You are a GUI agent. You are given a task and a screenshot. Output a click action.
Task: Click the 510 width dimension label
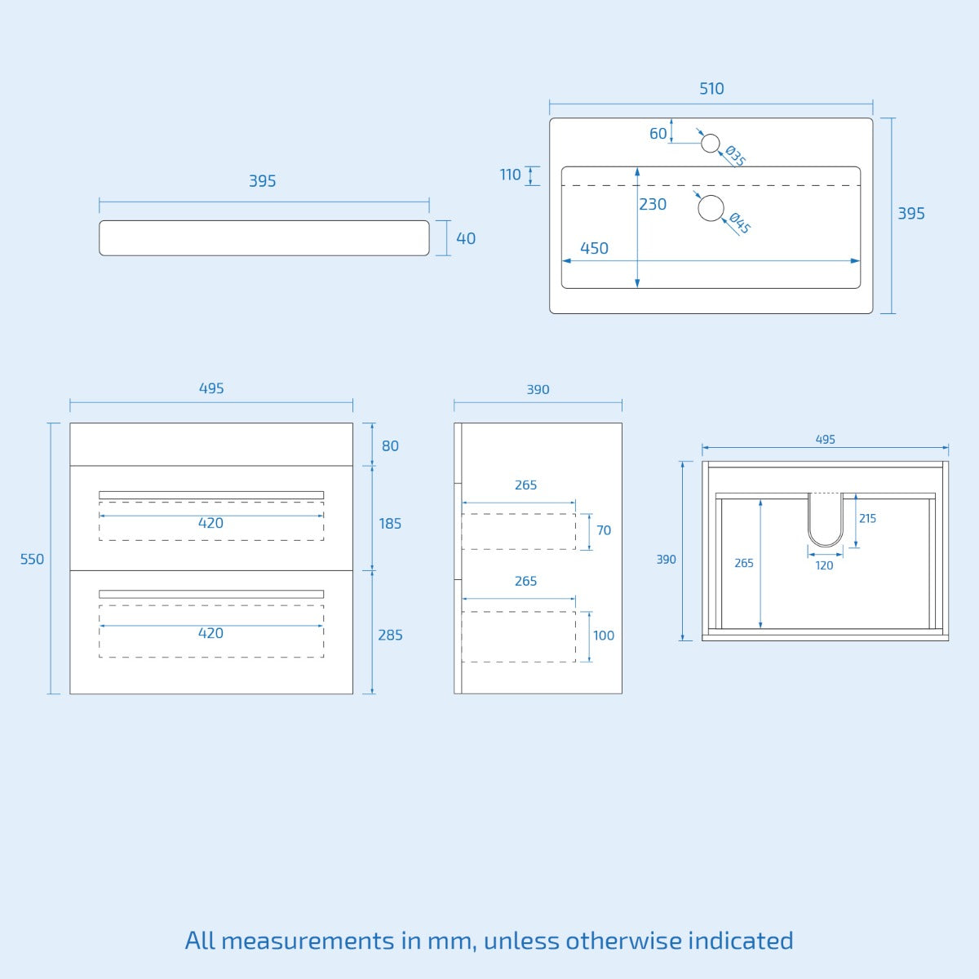[711, 89]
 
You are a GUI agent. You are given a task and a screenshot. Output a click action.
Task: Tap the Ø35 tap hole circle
[711, 144]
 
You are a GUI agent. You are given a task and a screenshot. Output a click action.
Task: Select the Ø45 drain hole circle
[711, 208]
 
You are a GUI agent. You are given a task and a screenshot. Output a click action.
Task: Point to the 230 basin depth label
[653, 204]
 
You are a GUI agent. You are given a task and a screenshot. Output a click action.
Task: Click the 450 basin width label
[594, 248]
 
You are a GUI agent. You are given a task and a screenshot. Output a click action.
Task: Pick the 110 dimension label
[510, 175]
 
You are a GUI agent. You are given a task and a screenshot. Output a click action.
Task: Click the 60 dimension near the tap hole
[658, 134]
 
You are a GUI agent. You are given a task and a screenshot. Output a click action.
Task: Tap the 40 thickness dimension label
[466, 238]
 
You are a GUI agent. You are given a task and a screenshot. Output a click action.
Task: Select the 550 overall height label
[32, 559]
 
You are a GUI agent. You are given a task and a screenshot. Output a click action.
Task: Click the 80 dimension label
[390, 446]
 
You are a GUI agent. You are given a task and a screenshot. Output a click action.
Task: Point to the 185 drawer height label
[390, 523]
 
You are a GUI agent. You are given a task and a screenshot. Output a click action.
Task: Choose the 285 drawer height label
[390, 635]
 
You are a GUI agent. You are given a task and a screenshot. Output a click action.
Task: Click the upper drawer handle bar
[211, 495]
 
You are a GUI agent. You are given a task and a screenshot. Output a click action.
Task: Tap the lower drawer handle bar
[211, 594]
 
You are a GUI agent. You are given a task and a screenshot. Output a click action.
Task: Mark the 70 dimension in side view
[604, 530]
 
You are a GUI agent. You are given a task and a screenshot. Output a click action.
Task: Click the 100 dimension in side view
[604, 636]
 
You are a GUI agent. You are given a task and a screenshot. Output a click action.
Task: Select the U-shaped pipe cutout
[826, 545]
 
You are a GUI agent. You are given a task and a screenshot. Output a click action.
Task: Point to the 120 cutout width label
[824, 565]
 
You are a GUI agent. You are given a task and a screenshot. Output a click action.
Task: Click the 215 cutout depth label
[868, 519]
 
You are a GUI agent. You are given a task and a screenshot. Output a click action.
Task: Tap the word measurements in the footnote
[308, 941]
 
